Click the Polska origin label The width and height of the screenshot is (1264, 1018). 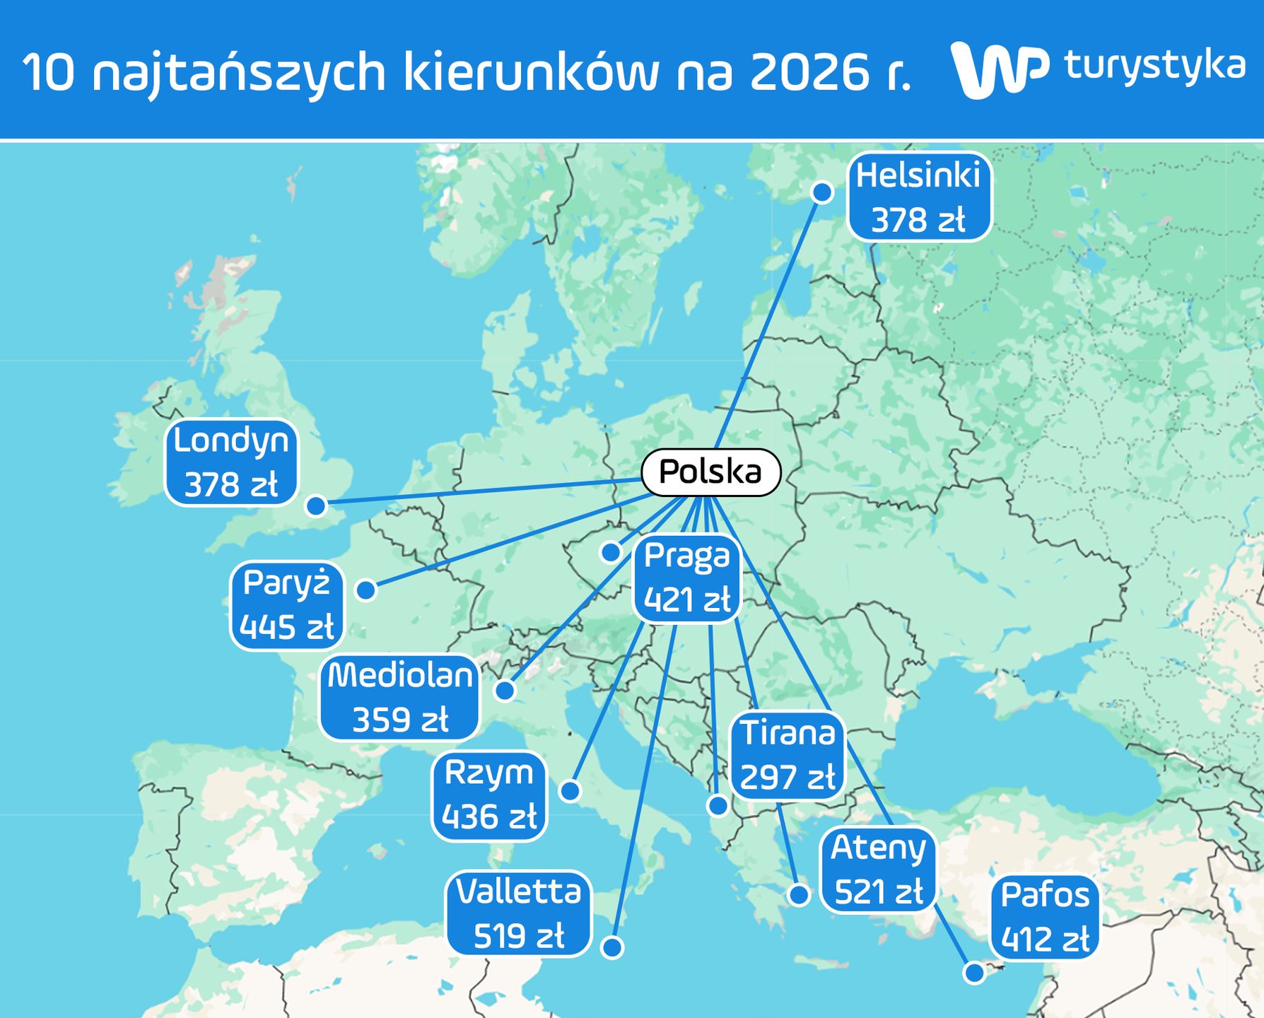click(x=710, y=472)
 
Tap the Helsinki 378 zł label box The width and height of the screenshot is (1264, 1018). click(x=919, y=197)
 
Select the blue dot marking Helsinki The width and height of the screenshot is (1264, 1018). click(x=822, y=192)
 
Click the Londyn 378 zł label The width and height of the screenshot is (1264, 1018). click(x=231, y=463)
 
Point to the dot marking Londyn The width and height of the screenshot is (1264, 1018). click(x=316, y=505)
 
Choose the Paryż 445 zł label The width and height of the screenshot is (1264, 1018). click(x=286, y=606)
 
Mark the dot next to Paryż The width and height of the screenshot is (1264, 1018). click(x=365, y=590)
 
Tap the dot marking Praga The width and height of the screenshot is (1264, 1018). click(x=611, y=551)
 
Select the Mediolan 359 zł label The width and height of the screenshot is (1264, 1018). click(x=399, y=698)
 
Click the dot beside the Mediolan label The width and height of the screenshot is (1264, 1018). click(x=505, y=690)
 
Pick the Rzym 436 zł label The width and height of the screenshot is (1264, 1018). click(x=489, y=795)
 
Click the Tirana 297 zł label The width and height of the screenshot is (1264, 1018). click(x=788, y=756)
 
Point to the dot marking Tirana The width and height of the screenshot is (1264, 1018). click(x=718, y=805)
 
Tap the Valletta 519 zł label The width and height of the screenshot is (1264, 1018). click(x=518, y=913)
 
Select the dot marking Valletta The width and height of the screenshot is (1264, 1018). click(x=612, y=947)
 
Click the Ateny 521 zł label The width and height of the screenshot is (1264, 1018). click(x=878, y=870)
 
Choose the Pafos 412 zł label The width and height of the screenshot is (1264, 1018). click(x=1045, y=918)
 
